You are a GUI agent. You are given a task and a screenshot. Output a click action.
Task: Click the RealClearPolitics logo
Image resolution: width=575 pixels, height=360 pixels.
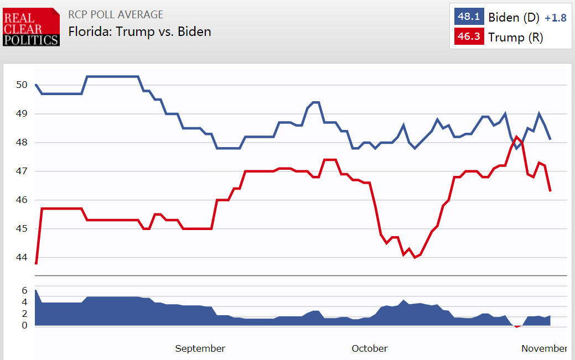(x=31, y=27)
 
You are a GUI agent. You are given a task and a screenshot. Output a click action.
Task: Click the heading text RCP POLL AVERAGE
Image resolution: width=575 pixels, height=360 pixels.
(x=116, y=14)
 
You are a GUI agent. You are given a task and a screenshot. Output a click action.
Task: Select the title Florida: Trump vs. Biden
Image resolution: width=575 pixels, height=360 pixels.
(x=139, y=32)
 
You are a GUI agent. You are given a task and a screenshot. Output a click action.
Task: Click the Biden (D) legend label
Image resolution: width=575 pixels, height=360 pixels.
(x=513, y=17)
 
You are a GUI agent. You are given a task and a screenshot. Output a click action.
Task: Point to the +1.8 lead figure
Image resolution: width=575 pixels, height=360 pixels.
(x=555, y=18)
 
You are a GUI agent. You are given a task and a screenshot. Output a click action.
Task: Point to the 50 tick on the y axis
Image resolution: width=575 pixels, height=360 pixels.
(x=22, y=85)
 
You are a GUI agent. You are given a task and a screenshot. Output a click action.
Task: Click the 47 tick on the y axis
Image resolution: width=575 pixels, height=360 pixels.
(x=22, y=171)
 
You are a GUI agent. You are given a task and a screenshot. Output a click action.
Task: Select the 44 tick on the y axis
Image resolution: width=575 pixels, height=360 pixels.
(x=22, y=257)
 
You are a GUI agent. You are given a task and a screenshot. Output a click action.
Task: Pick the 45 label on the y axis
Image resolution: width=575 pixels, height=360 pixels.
(x=22, y=228)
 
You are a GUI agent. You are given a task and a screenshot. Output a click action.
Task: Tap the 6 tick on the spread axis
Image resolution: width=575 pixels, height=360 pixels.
(x=24, y=290)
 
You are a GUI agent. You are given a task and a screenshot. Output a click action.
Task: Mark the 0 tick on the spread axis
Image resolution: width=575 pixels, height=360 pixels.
(x=24, y=325)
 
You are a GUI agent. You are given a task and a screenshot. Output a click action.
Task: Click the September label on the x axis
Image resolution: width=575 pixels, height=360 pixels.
(x=200, y=348)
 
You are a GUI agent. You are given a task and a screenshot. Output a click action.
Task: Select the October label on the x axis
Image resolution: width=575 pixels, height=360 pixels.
(x=370, y=348)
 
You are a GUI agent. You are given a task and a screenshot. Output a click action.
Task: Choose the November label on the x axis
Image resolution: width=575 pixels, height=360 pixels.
(x=544, y=348)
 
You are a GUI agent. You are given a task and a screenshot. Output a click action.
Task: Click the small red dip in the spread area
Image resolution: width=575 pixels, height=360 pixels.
(x=517, y=326)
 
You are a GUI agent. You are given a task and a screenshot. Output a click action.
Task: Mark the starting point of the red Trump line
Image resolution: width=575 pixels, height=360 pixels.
(x=36, y=263)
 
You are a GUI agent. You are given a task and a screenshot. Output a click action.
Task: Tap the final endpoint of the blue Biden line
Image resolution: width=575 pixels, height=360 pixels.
(x=550, y=139)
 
